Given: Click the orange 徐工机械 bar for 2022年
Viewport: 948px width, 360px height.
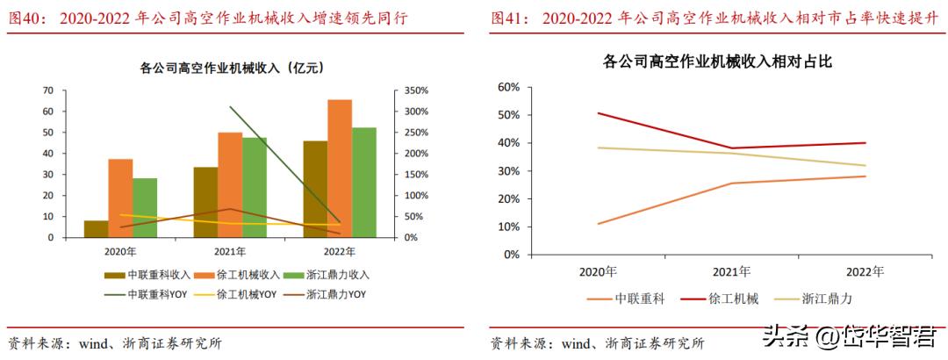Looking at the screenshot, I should click(340, 169).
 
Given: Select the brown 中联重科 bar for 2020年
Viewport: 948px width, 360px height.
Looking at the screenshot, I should click(97, 228).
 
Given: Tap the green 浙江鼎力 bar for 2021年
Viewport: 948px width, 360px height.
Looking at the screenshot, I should click(255, 187).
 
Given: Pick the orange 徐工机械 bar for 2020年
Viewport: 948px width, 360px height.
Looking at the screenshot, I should click(121, 198).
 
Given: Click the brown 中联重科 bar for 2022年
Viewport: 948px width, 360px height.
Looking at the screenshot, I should click(315, 189).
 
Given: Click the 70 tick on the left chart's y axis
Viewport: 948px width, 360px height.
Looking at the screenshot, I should click(47, 90).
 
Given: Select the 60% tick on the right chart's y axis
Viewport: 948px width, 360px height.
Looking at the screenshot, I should click(509, 87).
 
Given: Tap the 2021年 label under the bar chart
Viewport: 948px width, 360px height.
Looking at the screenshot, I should click(230, 251).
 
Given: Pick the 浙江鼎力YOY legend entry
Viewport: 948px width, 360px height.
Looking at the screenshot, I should click(335, 294).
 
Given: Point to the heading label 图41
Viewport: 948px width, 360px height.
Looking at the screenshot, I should click(511, 17).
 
